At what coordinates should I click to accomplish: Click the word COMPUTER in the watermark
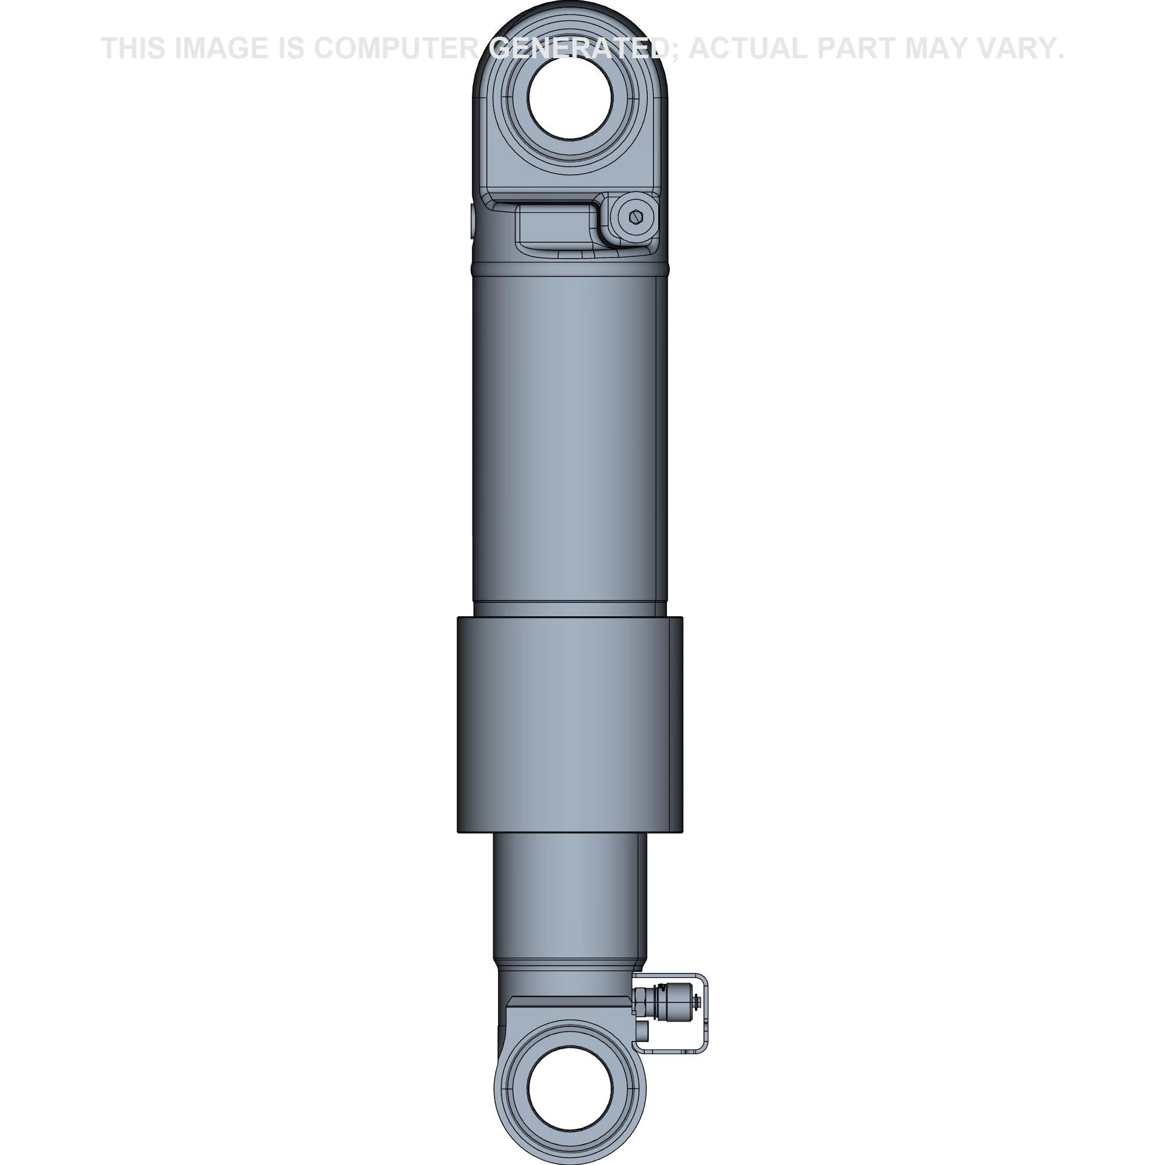pyautogui.click(x=397, y=48)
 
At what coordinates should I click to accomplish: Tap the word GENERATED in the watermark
pyautogui.click(x=578, y=48)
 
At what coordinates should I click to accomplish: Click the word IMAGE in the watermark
pyautogui.click(x=221, y=48)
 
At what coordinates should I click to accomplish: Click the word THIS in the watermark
pyautogui.click(x=132, y=48)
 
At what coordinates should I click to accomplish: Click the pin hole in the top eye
pyautogui.click(x=570, y=98)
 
